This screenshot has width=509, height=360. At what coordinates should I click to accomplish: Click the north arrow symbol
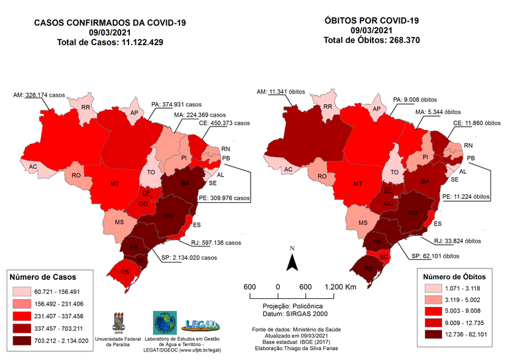tap(291, 262)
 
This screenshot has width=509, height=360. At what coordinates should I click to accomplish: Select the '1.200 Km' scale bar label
tap(341, 286)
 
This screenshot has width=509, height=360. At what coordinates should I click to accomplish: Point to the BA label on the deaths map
tap(424, 182)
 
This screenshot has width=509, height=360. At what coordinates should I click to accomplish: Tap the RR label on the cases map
tap(85, 107)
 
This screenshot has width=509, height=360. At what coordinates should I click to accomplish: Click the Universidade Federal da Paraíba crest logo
tap(121, 323)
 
